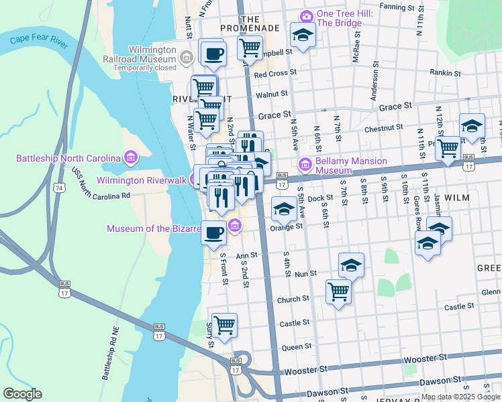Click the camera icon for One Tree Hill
coord(306,16)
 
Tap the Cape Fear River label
coord(39,41)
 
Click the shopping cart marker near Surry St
coord(224,326)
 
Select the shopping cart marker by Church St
coord(338,292)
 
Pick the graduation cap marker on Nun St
coord(351,265)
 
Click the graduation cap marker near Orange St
coord(284,209)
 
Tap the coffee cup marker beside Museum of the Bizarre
coord(213,233)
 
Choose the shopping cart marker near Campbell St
coord(250,49)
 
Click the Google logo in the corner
coord(22,394)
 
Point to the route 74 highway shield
coord(60,189)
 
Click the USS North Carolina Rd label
coord(99,188)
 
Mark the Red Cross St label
coord(275,73)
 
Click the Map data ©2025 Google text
coord(460,397)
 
